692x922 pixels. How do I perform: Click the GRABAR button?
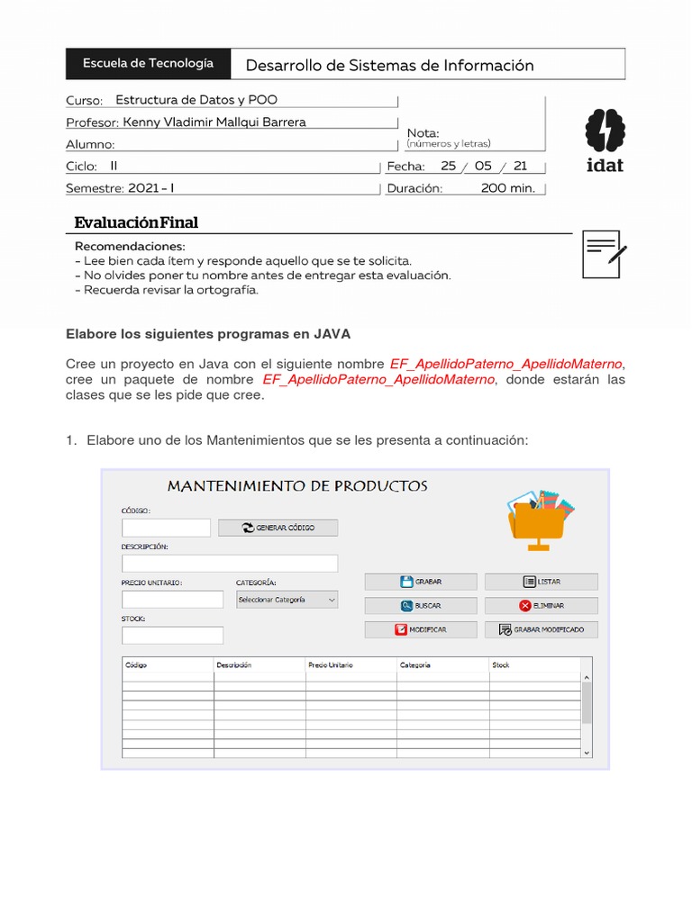421,582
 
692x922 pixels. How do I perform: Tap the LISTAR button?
541,582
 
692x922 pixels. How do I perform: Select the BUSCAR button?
421,606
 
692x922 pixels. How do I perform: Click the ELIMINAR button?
541,606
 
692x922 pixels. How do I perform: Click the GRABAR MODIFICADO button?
541,630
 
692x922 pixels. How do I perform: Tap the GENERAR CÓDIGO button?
278,528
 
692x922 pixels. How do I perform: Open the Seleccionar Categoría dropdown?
287,600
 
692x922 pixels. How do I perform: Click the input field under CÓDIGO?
166,528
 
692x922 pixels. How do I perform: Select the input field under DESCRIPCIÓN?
230,564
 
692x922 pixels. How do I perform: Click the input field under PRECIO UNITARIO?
172,600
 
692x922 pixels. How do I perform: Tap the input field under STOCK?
172,636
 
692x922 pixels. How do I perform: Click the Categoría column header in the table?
442,665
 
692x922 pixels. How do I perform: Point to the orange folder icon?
538,520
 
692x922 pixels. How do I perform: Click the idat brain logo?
604,139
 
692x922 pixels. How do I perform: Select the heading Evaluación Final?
136,222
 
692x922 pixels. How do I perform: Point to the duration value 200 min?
507,188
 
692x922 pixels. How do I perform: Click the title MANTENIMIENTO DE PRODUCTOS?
297,486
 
